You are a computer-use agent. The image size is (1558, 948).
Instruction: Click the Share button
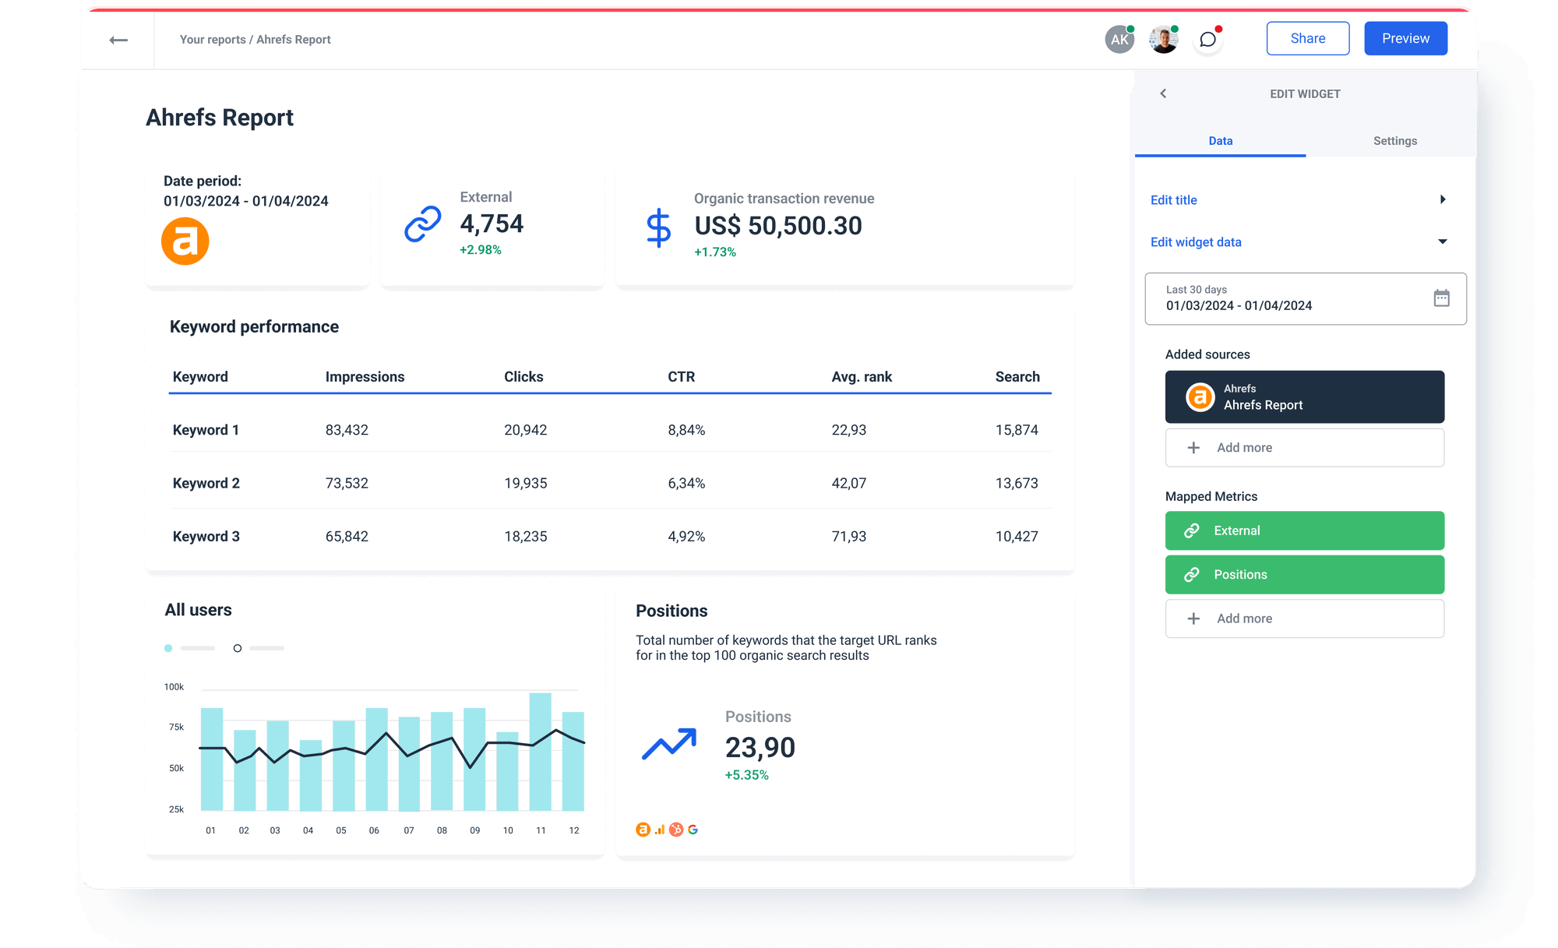coord(1307,38)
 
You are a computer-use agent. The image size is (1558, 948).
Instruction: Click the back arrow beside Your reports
coord(118,40)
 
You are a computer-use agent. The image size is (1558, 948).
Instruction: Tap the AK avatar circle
coord(1119,40)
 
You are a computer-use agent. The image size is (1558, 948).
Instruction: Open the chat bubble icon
coord(1207,40)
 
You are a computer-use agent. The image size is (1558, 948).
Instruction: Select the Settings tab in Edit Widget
coord(1394,141)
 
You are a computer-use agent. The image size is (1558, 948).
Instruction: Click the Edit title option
coord(1174,200)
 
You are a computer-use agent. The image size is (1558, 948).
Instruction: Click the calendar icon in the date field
coord(1441,298)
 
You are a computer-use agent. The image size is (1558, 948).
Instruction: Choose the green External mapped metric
coord(1304,530)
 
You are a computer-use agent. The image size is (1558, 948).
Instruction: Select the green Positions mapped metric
coord(1304,575)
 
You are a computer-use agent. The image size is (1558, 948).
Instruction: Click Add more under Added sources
coord(1304,448)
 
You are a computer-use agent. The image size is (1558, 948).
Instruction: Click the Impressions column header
coord(365,377)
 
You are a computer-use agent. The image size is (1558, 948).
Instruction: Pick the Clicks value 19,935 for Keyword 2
coord(525,483)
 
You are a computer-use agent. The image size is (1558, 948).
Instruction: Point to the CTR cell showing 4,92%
coord(686,537)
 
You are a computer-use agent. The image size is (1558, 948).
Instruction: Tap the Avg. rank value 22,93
coord(848,430)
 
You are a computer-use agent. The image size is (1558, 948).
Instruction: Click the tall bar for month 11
coord(541,752)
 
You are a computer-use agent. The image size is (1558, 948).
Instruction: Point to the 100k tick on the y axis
coord(174,687)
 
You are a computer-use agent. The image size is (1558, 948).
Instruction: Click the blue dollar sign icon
coord(658,227)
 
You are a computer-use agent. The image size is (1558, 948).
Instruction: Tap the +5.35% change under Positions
coord(746,775)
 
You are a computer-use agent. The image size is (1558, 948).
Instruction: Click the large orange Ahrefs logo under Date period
coord(185,241)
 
